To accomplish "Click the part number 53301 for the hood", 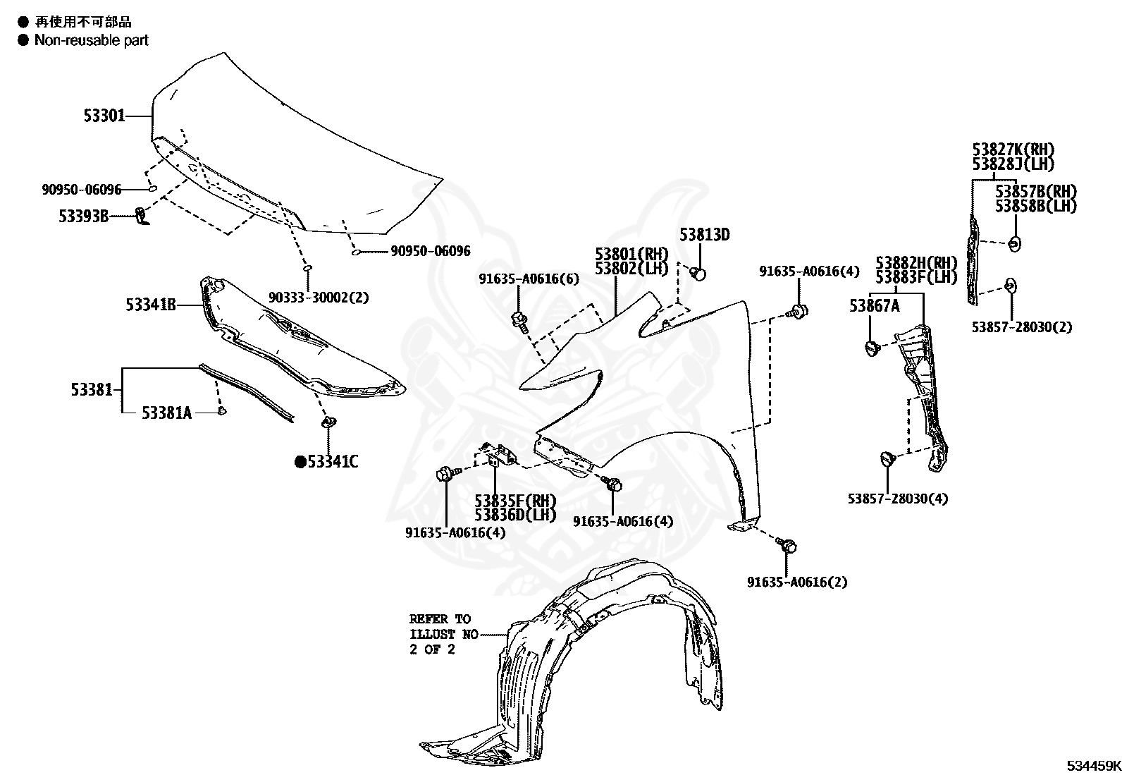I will (x=104, y=116).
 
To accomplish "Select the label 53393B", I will (x=84, y=216).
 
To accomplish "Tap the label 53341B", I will (x=151, y=305).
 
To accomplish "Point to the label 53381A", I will (x=166, y=413).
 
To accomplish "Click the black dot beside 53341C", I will (x=300, y=462).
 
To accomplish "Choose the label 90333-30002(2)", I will (x=319, y=298).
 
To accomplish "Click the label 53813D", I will (x=704, y=235).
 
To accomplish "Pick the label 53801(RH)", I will (x=631, y=254).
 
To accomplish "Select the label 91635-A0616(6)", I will (x=529, y=279).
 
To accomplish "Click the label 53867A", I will (x=874, y=305).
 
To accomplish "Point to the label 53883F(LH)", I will (x=916, y=277).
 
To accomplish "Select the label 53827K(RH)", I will (x=1013, y=149).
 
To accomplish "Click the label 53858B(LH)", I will (x=1036, y=206).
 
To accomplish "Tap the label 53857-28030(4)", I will (x=897, y=499).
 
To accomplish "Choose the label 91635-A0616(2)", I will (x=797, y=582).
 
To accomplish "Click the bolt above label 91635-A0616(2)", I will (x=789, y=546).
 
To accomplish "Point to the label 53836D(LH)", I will (x=515, y=515).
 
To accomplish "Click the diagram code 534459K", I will (x=1092, y=766).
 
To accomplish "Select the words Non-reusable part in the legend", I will (x=92, y=40).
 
